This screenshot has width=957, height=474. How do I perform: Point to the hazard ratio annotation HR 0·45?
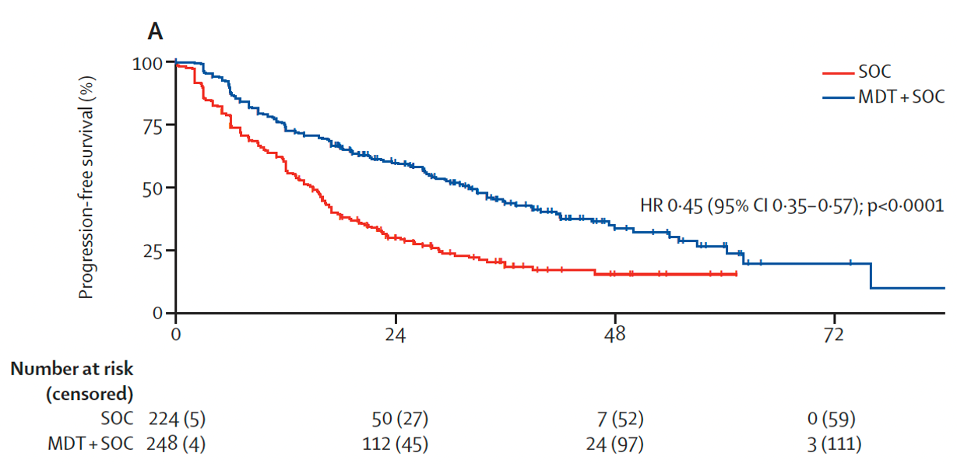tap(791, 206)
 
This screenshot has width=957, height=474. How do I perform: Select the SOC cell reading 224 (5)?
tap(177, 420)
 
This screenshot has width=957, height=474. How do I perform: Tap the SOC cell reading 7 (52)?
tap(621, 420)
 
